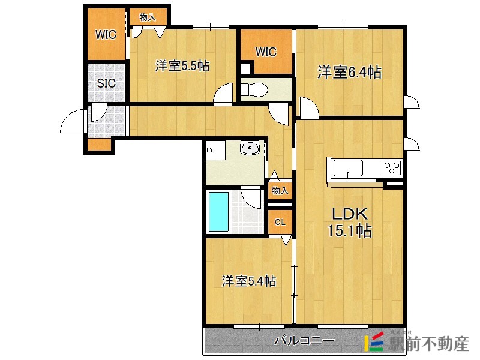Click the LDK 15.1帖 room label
[x=350, y=223]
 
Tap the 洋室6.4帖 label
[x=350, y=72]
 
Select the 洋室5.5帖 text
[x=182, y=66]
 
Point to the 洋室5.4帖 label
[x=249, y=281]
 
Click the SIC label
[x=106, y=83]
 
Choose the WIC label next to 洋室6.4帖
[x=266, y=52]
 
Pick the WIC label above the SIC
[x=106, y=34]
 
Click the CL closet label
[x=280, y=222]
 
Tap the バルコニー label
[x=305, y=340]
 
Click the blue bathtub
[x=218, y=212]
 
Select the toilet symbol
[x=254, y=90]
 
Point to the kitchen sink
[x=348, y=169]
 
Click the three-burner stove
[x=392, y=168]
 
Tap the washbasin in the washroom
[x=250, y=148]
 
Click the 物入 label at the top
[x=148, y=17]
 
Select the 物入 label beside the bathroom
[x=280, y=191]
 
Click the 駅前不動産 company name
[x=428, y=344]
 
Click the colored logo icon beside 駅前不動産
[x=374, y=341]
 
